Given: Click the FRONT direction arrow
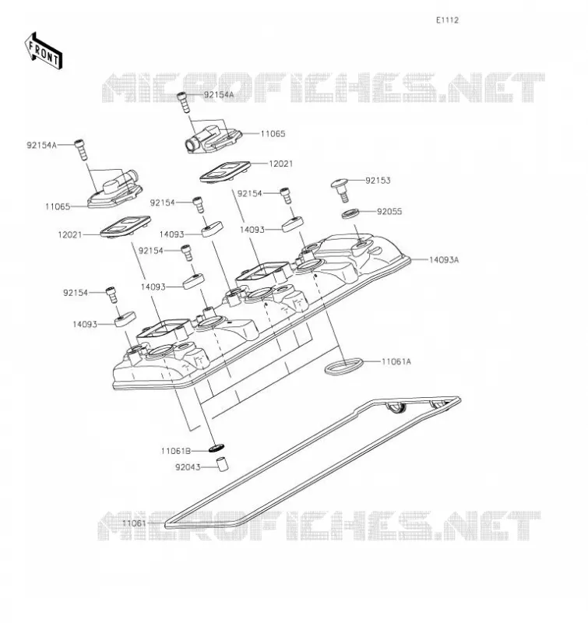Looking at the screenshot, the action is tap(44, 51).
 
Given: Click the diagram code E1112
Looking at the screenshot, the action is tap(447, 20).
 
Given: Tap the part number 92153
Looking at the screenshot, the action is tap(378, 181).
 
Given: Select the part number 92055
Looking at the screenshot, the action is tap(389, 211).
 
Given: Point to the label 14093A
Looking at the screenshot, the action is tap(444, 260).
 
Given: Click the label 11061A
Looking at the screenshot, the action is tap(396, 361).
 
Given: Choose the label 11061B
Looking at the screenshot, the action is tap(175, 451).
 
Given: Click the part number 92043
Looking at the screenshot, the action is tap(188, 467).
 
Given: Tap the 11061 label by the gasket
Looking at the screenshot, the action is tap(134, 523).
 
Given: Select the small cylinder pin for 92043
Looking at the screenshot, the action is tap(223, 463).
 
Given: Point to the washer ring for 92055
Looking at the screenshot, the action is tap(350, 213).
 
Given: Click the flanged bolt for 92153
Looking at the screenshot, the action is tap(341, 189).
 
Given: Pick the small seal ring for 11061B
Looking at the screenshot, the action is tap(217, 449).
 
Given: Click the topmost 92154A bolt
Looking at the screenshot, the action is tap(183, 102).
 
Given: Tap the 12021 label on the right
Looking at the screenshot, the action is tap(281, 164).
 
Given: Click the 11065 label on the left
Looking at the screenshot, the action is tap(58, 206).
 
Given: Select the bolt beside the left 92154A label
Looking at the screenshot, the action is tap(81, 150).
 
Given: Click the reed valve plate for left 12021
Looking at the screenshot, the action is tap(125, 227).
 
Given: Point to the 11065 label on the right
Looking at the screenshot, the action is tap(273, 134).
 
